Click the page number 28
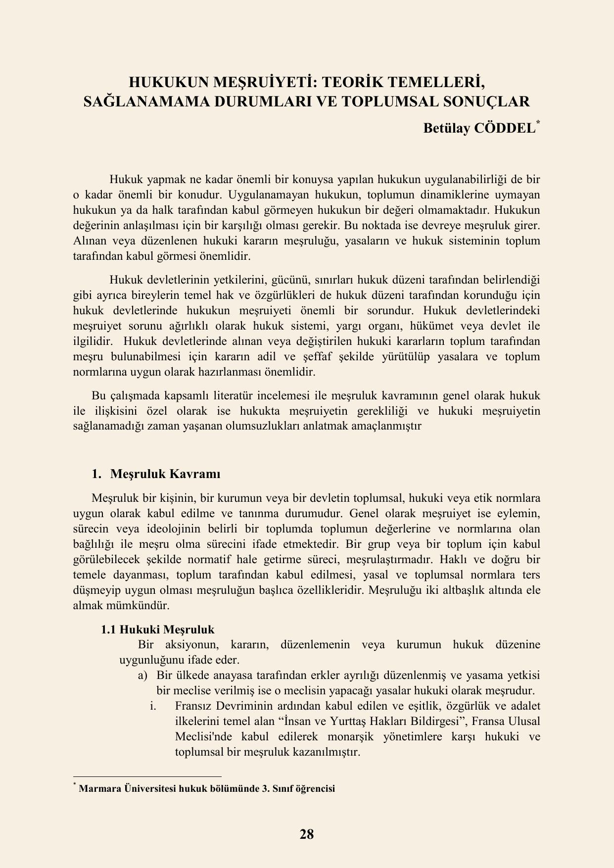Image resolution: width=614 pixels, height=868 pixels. pyautogui.click(x=307, y=834)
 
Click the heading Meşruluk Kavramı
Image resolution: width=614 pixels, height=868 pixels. pyautogui.click(x=165, y=474)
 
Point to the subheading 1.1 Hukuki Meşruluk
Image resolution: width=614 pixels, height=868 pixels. pyautogui.click(x=157, y=629)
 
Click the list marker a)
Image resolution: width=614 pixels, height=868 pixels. pyautogui.click(x=143, y=675)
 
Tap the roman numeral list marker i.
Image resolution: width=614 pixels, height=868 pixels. pyautogui.click(x=153, y=706)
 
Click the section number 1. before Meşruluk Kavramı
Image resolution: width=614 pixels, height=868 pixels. pyautogui.click(x=96, y=474)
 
